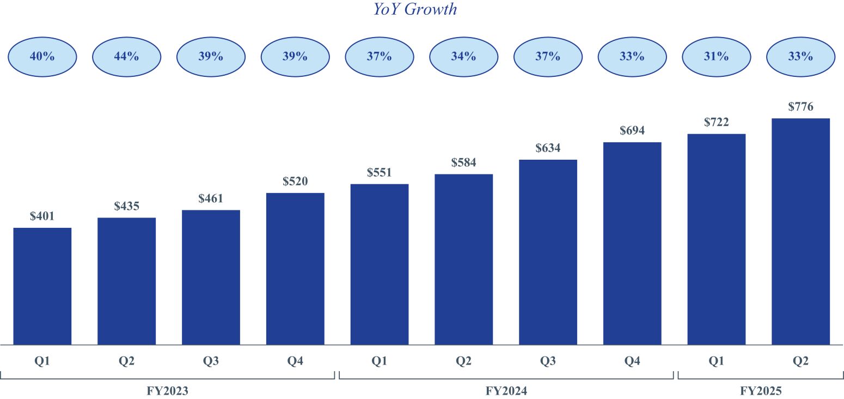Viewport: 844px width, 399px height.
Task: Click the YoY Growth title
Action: tap(415, 9)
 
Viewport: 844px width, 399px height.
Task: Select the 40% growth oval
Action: tap(42, 56)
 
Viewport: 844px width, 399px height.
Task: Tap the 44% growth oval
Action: tap(126, 56)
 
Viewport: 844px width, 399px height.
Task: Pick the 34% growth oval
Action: tap(463, 56)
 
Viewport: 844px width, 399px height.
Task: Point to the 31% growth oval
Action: tap(716, 56)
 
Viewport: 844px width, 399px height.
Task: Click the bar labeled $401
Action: tap(42, 286)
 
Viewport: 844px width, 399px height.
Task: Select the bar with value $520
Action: tap(295, 269)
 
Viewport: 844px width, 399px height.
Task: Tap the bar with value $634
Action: tap(548, 252)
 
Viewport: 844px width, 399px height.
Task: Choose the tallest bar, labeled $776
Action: tap(800, 231)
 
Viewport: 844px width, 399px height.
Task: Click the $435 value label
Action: tap(127, 207)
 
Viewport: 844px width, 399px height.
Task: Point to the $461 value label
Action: tap(211, 199)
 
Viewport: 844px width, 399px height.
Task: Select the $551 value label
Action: tap(380, 173)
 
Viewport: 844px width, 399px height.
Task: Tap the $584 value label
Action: tap(463, 163)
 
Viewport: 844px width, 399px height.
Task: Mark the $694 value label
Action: tap(632, 131)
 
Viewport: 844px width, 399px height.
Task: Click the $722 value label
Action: tap(716, 122)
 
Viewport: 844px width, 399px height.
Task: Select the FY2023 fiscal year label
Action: tap(168, 391)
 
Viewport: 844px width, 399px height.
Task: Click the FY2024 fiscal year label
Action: tap(506, 391)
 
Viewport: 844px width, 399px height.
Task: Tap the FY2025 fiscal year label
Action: tap(761, 391)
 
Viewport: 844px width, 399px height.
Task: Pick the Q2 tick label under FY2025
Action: tap(800, 361)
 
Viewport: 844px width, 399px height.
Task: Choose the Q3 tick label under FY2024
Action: tap(548, 361)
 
